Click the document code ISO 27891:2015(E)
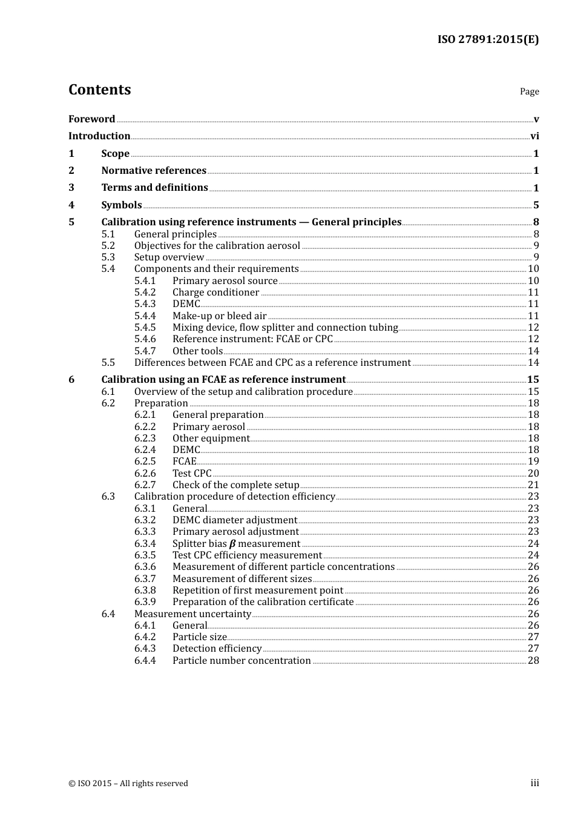488,39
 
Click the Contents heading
99,90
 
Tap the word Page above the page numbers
529,91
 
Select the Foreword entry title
91,119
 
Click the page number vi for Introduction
534,136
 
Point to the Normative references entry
154,171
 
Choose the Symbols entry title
122,205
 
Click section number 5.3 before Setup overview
108,257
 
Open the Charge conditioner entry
215,293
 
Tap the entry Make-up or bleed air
219,316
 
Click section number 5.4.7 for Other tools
145,351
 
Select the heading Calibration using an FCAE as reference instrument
223,380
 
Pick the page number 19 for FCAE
533,462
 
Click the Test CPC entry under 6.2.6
192,474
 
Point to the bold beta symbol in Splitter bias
232,544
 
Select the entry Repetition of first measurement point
258,591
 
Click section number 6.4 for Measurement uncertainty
108,614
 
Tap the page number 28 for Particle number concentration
533,661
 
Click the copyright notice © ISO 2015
128,783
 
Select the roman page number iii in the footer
534,783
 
